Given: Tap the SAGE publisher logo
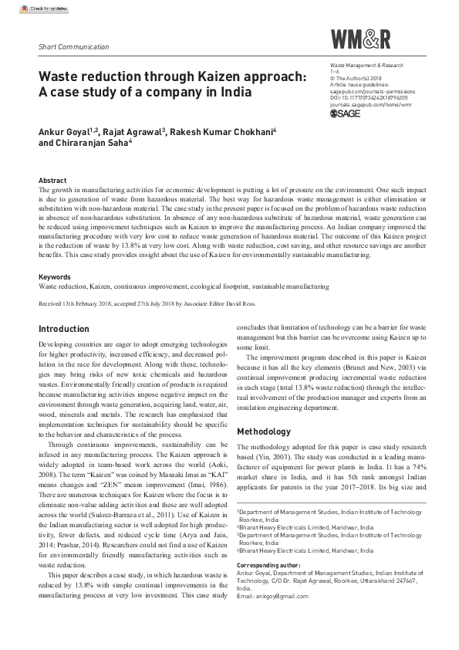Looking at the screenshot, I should [x=345, y=113].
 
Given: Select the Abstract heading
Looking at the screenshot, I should [x=53, y=179].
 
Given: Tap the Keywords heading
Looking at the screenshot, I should [x=56, y=276].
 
